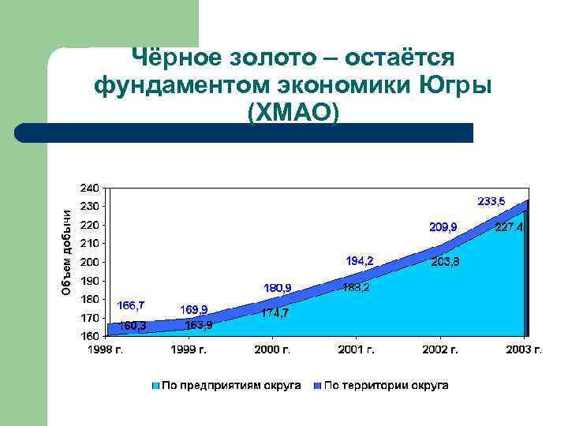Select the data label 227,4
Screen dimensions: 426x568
[x=509, y=228]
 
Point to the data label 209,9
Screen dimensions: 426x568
[x=443, y=227]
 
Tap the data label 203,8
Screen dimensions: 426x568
[x=446, y=262]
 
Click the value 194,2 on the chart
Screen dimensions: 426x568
[x=360, y=260]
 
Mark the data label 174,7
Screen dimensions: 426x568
[x=275, y=312]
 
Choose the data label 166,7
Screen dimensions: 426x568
[x=131, y=305]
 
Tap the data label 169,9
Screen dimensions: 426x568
[x=194, y=308]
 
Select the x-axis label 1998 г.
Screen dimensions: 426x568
[x=105, y=349]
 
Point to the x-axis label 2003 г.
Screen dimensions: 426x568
[x=525, y=349]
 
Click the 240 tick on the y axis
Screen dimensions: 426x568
[x=88, y=188]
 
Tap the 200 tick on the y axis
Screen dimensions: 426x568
[x=88, y=262]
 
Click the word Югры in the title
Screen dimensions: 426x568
[x=456, y=84]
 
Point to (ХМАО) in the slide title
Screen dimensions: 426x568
[x=293, y=111]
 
